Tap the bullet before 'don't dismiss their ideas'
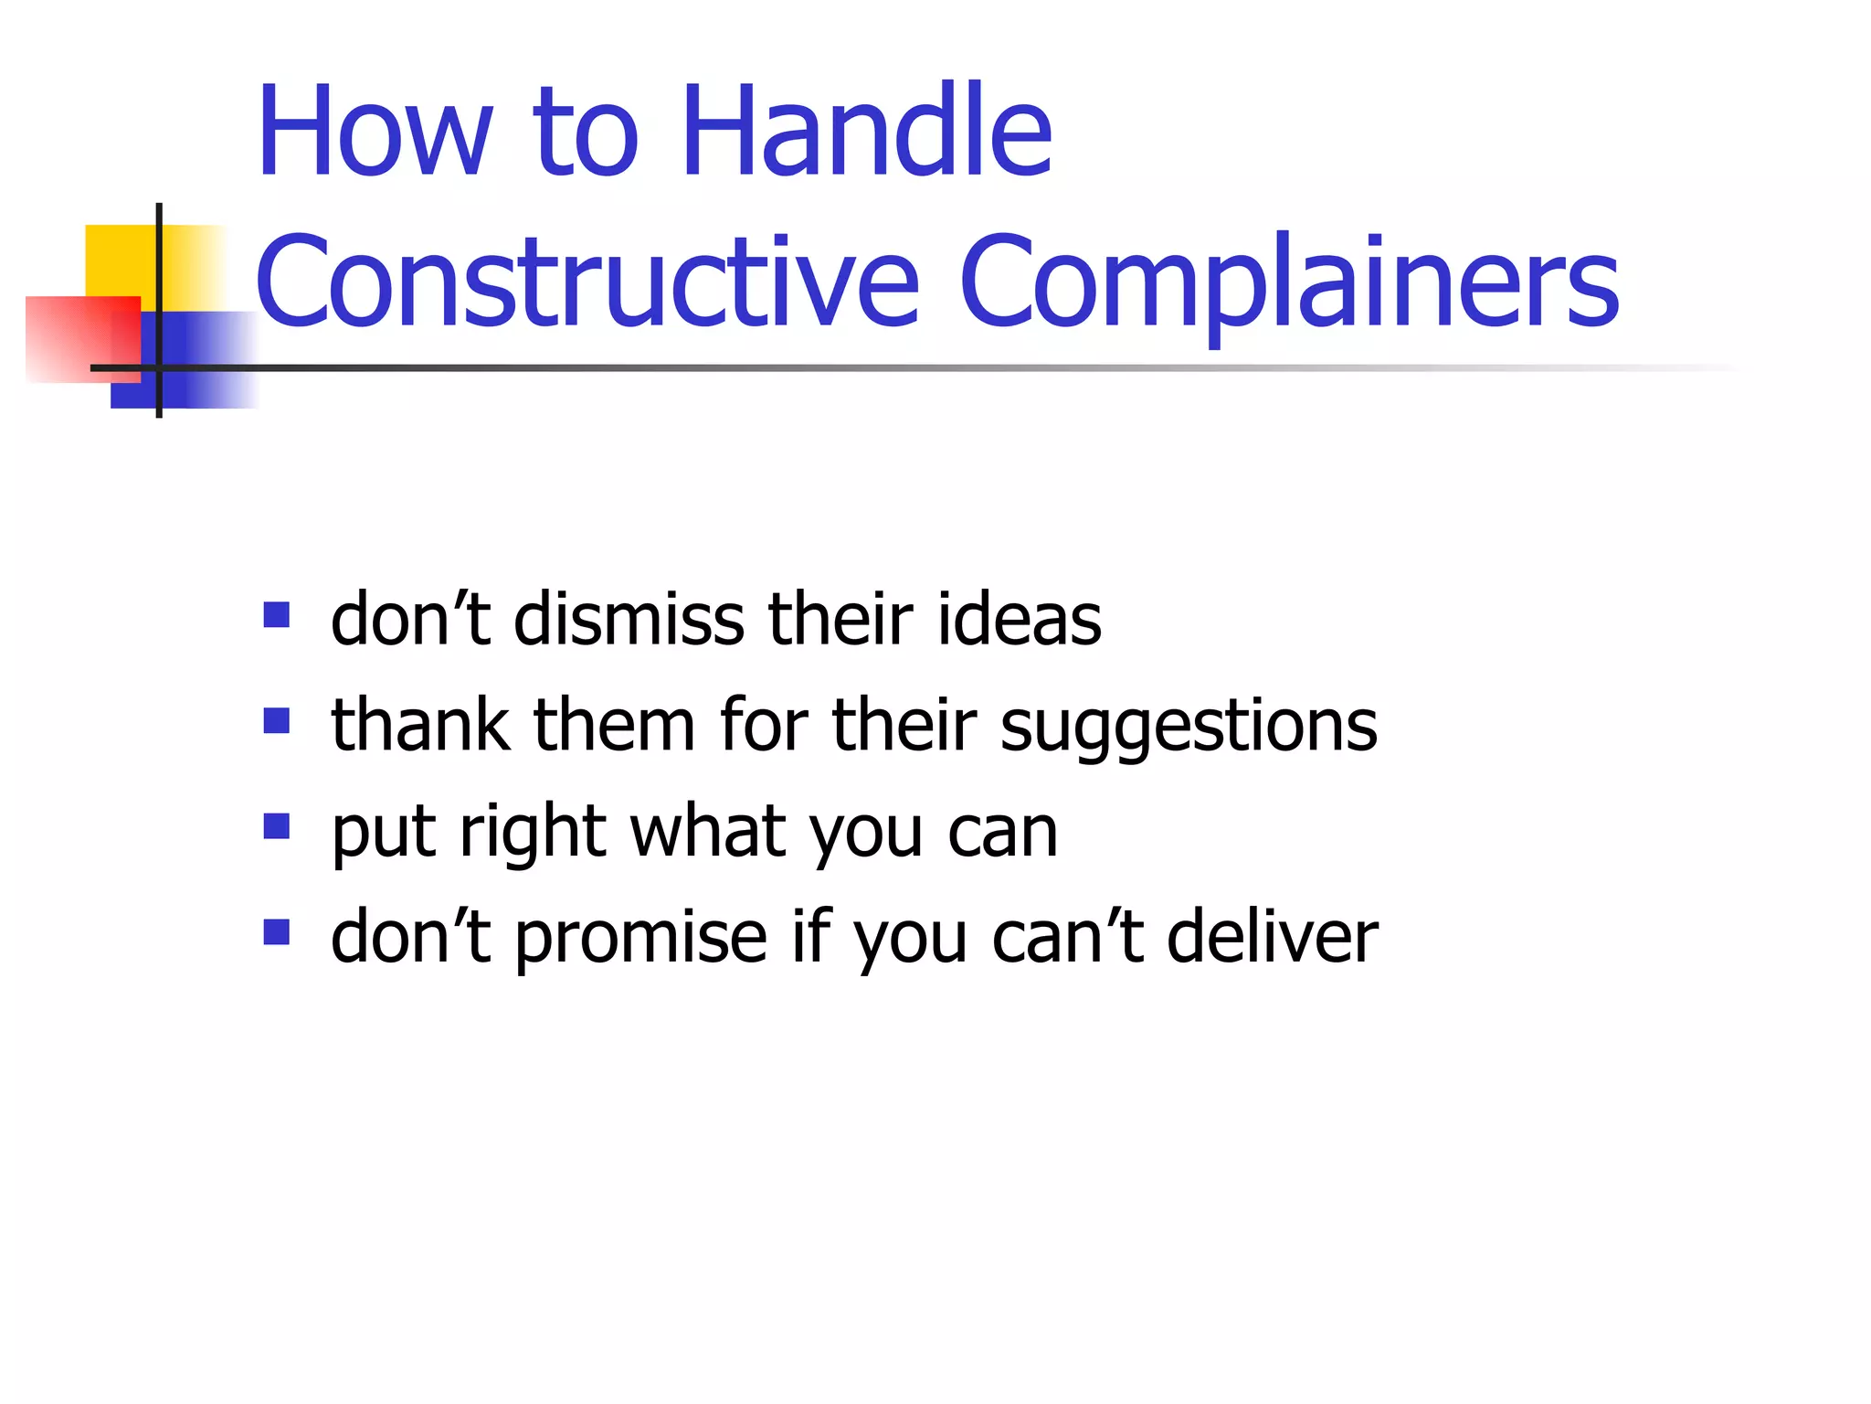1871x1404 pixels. point(276,614)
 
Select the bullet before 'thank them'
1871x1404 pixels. point(276,721)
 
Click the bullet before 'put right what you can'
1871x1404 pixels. point(276,827)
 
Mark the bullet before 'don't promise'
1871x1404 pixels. point(276,932)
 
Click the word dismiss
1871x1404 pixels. point(629,620)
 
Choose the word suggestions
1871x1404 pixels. point(1189,728)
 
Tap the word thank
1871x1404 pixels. point(420,726)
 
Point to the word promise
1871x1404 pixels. point(640,940)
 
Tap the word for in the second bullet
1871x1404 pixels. point(764,726)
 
